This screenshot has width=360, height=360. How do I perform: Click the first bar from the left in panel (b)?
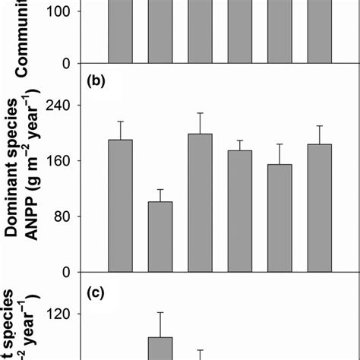pyautogui.click(x=121, y=206)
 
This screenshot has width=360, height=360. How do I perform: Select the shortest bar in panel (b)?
pyautogui.click(x=160, y=236)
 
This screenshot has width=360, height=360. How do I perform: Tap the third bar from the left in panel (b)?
pyautogui.click(x=200, y=203)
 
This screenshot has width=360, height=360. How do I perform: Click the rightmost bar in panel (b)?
pyautogui.click(x=319, y=207)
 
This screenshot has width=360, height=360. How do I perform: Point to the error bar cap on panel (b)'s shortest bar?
pyautogui.click(x=160, y=189)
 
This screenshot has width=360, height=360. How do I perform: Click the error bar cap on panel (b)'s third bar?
pyautogui.click(x=200, y=113)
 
